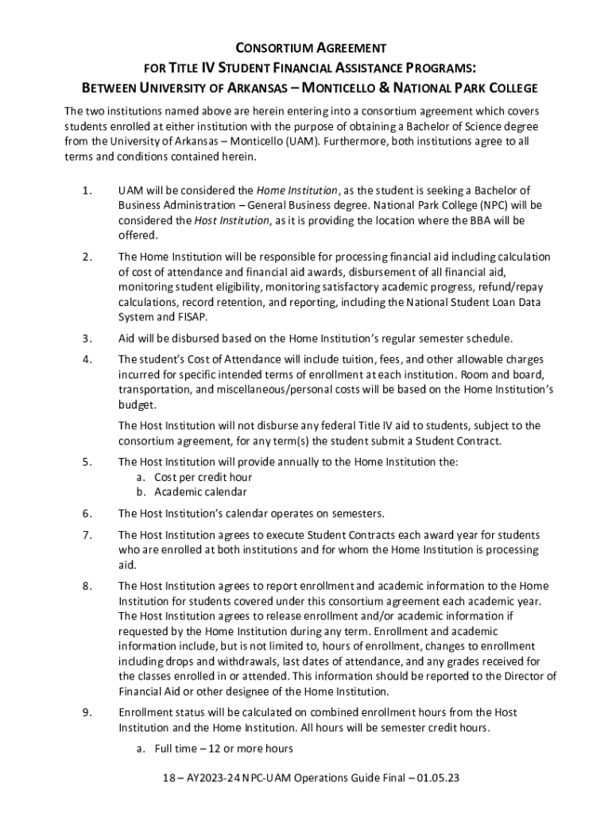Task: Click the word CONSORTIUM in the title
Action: (267, 48)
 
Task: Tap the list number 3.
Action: (86, 338)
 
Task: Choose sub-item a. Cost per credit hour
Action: (194, 477)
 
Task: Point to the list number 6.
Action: (86, 513)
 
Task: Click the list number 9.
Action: (86, 712)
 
